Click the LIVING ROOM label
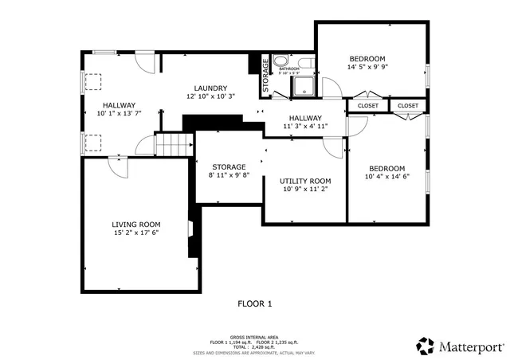tap(135, 225)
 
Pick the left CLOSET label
tap(368, 106)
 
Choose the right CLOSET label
tap(407, 106)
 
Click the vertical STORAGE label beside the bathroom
tap(266, 76)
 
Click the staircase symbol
tap(175, 145)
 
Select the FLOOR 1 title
tap(255, 303)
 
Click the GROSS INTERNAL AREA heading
tap(253, 337)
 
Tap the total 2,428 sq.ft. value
tap(269, 346)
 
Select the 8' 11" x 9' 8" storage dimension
tap(229, 175)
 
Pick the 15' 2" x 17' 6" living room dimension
tap(135, 233)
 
